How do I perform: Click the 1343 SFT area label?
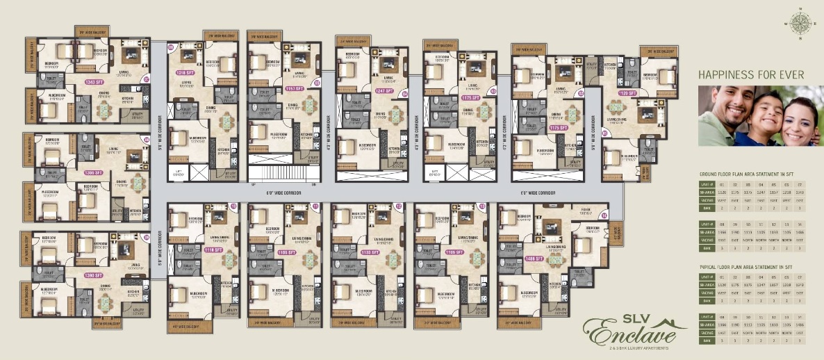pyautogui.click(x=94, y=81)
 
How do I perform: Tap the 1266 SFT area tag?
pyautogui.click(x=94, y=172)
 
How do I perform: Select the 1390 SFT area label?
pyautogui.click(x=94, y=275)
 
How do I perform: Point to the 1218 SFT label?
pyautogui.click(x=184, y=72)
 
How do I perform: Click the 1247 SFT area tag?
pyautogui.click(x=384, y=90)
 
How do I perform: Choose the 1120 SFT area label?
pyautogui.click(x=627, y=92)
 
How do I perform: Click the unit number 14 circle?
pyautogui.click(x=604, y=215)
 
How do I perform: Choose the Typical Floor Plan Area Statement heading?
pyautogui.click(x=748, y=267)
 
